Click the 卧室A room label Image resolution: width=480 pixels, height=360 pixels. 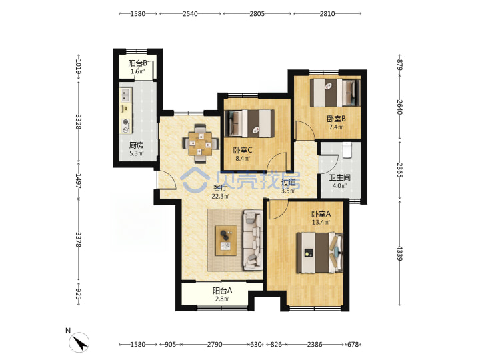click(321, 214)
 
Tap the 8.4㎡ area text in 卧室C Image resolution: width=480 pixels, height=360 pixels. click(243, 159)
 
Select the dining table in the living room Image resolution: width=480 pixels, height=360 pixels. click(201, 143)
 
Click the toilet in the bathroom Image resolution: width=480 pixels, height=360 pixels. click(347, 150)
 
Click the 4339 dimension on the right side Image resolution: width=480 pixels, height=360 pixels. click(399, 253)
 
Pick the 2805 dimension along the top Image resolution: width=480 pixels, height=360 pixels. click(257, 14)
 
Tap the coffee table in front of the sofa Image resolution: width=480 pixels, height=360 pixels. click(226, 241)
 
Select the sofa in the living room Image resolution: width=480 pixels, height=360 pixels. click(253, 240)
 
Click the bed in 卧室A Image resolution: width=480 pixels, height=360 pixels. click(319, 253)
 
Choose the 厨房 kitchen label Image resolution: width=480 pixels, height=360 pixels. click(136, 145)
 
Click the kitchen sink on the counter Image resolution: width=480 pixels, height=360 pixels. click(125, 95)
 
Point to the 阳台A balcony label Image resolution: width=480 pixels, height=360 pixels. click(222, 290)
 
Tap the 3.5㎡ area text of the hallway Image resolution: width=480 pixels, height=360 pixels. click(289, 191)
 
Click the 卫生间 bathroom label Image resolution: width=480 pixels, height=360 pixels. click(340, 177)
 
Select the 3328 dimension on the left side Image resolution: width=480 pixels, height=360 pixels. click(79, 121)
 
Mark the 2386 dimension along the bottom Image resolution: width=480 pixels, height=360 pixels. click(315, 345)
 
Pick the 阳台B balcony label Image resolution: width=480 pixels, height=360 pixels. click(137, 63)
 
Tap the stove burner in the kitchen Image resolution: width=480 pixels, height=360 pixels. click(126, 122)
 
